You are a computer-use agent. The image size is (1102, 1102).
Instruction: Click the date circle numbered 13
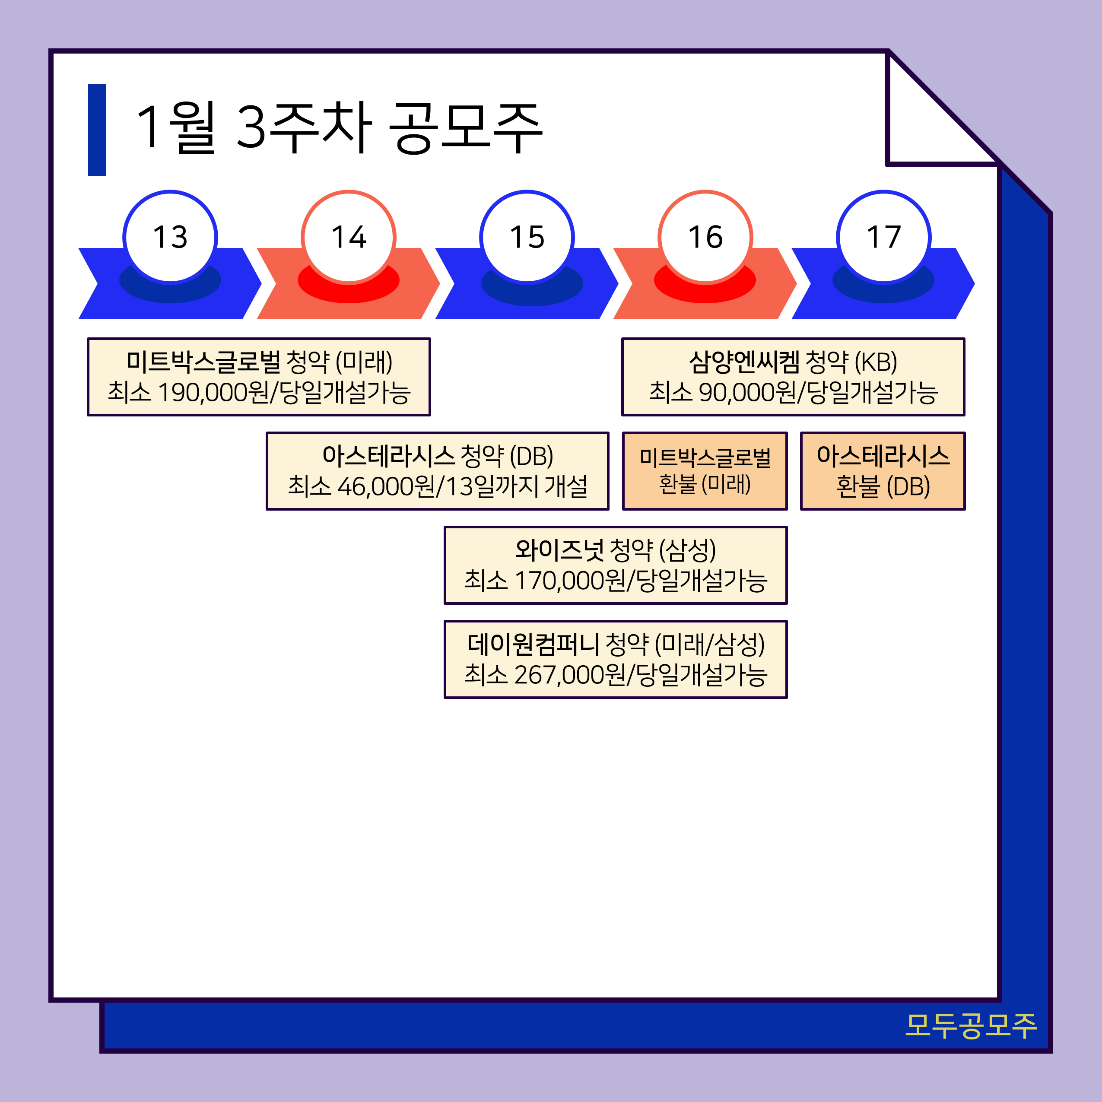[170, 237]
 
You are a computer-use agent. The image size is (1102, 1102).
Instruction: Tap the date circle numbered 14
[349, 237]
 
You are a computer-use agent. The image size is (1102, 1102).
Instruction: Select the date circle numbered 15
[527, 237]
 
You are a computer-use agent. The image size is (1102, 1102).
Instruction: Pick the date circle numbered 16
[705, 237]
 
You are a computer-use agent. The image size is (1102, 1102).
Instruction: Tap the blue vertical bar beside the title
[97, 130]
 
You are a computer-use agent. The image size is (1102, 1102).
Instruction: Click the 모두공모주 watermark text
[970, 1026]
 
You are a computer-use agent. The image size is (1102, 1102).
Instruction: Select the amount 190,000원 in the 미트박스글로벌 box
[212, 392]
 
